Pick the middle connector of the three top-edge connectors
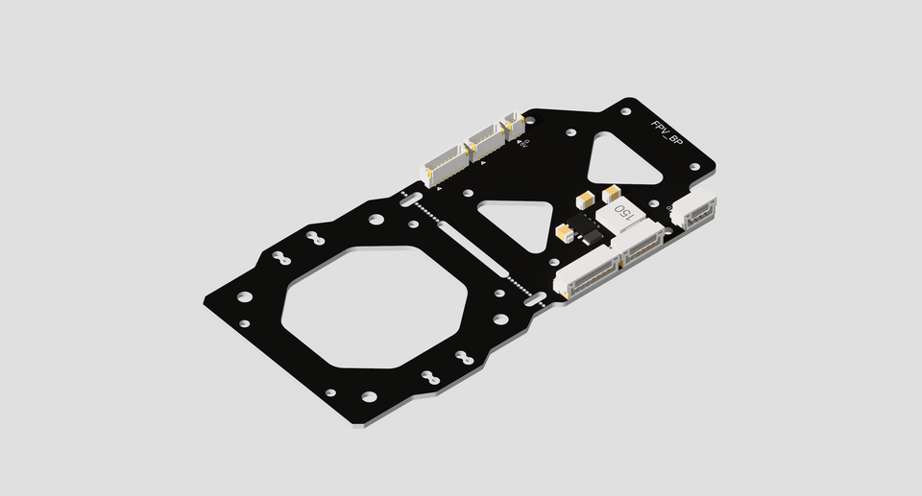pos(485,143)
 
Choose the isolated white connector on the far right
pos(694,212)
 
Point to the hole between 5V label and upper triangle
pos(571,134)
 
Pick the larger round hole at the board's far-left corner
pos(245,297)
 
